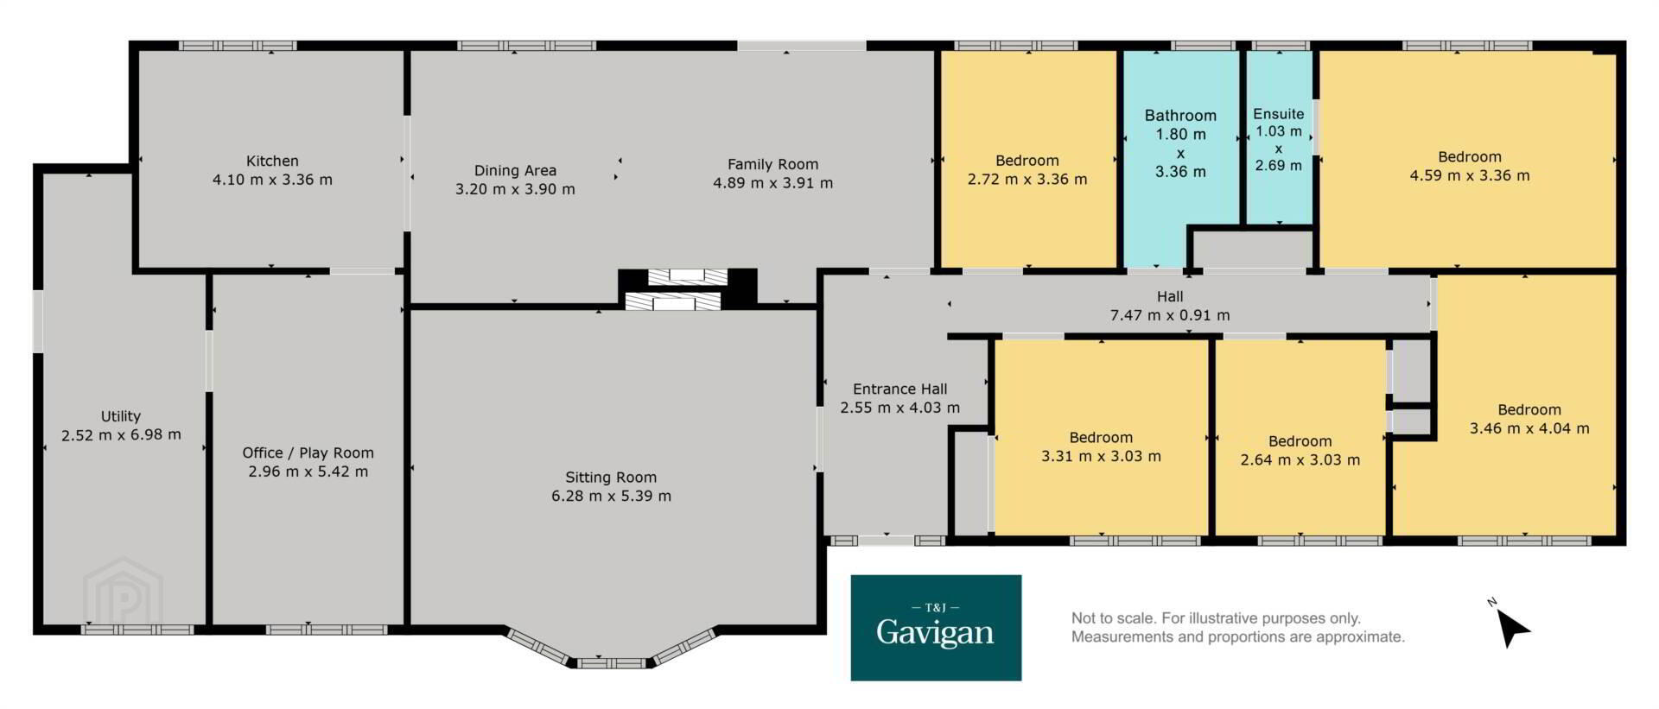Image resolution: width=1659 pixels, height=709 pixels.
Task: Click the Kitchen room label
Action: pos(272,161)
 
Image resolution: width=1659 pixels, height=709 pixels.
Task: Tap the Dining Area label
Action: pos(515,170)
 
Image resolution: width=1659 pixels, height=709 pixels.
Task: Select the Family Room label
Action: pos(772,164)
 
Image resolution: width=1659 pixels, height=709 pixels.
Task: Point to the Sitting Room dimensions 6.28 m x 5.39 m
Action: pos(611,496)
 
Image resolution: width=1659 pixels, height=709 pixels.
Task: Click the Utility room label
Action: pos(120,416)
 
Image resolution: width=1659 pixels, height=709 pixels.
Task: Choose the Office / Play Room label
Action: pos(308,453)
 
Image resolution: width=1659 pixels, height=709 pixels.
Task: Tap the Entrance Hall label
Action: pos(899,389)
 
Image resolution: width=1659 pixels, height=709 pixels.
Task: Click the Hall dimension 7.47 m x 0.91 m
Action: pos(1170,315)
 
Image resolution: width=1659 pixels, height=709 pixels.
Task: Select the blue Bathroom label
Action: pos(1180,115)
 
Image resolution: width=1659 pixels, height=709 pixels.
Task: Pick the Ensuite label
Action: pos(1279,113)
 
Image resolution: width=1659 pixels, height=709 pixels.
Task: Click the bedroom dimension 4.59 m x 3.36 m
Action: pos(1470,175)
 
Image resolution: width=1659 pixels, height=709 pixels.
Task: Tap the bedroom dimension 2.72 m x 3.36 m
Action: pos(1027,180)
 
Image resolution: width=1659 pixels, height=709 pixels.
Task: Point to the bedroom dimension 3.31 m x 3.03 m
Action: pos(1101,456)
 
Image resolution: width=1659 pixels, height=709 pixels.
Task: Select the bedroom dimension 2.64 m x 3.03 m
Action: pos(1300,459)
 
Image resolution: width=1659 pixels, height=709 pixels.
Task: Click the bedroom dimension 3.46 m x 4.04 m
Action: pos(1529,427)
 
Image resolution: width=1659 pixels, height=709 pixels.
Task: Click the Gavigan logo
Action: pos(936,628)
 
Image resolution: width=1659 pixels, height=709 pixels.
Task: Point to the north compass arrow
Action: pos(1512,627)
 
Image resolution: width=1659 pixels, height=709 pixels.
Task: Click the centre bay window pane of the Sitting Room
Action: pos(611,663)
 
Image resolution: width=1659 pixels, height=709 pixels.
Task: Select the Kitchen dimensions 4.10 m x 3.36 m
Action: pos(272,180)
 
